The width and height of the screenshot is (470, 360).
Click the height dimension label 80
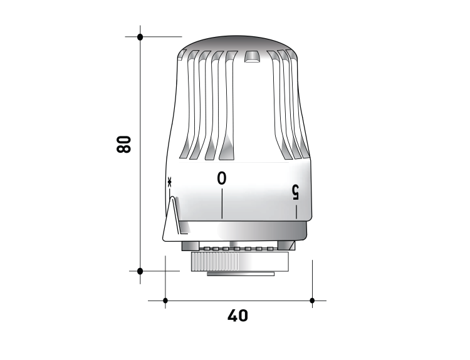[x=124, y=145]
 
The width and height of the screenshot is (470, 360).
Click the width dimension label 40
[x=238, y=316]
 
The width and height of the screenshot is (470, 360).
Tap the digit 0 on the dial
[x=222, y=178]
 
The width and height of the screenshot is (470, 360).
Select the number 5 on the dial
[x=295, y=192]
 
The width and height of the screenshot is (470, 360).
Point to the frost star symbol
[x=170, y=182]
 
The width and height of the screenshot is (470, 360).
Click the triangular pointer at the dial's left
[x=171, y=220]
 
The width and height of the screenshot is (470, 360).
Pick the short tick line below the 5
[x=296, y=212]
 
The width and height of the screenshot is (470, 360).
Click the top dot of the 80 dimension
[x=140, y=37]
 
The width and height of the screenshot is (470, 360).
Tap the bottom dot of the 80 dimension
[x=140, y=271]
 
